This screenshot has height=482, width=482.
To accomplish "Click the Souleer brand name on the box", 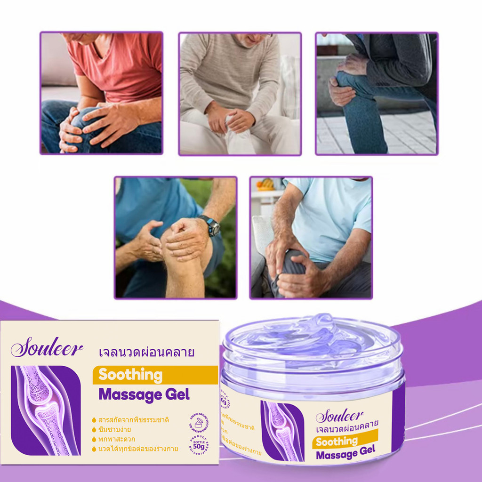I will pyautogui.click(x=47, y=349).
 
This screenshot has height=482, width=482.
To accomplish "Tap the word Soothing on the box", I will pyautogui.click(x=130, y=375).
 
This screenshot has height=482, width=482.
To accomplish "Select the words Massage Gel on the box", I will pyautogui.click(x=144, y=394).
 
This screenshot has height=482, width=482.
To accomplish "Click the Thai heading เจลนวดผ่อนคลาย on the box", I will pyautogui.click(x=147, y=352).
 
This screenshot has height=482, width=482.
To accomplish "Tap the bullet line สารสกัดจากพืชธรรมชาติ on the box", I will pyautogui.click(x=133, y=419).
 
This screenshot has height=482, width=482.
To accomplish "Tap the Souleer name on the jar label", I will pyautogui.click(x=339, y=416).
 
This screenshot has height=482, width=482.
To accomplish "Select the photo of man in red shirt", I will pyautogui.click(x=102, y=93).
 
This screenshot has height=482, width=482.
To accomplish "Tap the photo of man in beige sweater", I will pyautogui.click(x=240, y=94).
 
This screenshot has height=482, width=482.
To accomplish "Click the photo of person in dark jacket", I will pyautogui.click(x=377, y=93).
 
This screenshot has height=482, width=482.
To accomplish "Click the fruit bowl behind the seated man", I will pyautogui.click(x=265, y=184).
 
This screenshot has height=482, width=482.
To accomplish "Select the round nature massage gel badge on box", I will pyautogui.click(x=200, y=422).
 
